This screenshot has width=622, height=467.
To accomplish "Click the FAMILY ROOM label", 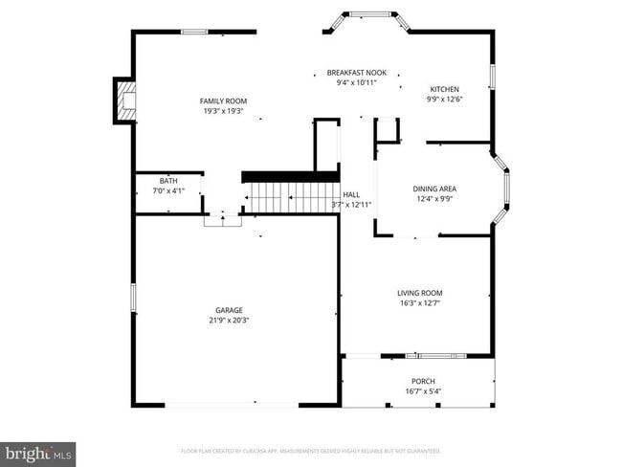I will [x=223, y=101].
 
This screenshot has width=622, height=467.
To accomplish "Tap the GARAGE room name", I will [x=229, y=310].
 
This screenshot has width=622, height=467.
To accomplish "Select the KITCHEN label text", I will [x=444, y=89].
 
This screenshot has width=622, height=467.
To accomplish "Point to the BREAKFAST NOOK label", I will [x=357, y=73].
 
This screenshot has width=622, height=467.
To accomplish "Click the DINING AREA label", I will [x=433, y=189].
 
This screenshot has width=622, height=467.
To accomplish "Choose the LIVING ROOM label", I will [x=420, y=293].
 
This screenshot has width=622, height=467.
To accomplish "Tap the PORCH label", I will [x=422, y=381].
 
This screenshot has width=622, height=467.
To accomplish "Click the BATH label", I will [x=168, y=181].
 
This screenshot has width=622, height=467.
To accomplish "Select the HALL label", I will [x=351, y=194].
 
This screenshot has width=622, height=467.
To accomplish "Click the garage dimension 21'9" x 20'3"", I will [x=229, y=321].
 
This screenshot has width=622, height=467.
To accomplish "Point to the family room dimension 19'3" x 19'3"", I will [x=223, y=111].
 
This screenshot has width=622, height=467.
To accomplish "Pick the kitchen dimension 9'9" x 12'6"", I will [x=444, y=99].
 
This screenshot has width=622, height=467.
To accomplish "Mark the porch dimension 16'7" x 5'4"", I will [x=422, y=390].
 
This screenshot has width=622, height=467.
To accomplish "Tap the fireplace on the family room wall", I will [x=124, y=100].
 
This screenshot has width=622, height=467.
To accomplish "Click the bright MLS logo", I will [x=38, y=452].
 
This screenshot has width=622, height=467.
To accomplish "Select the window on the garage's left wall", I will [x=133, y=298].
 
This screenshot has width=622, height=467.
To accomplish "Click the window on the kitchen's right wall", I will [x=493, y=77].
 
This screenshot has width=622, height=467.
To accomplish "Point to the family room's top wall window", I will [x=194, y=33].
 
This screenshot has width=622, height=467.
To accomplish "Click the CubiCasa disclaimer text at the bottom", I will [x=311, y=450].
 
